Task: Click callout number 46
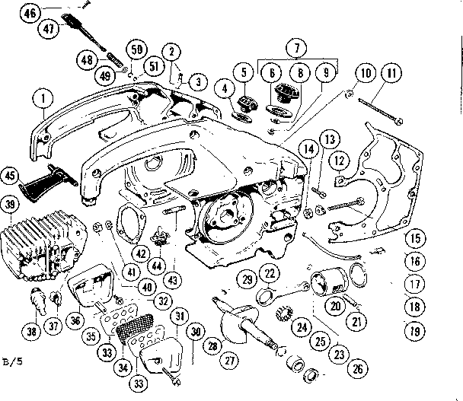(x=30, y=13)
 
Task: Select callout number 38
(x=33, y=332)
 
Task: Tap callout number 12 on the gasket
(x=340, y=159)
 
